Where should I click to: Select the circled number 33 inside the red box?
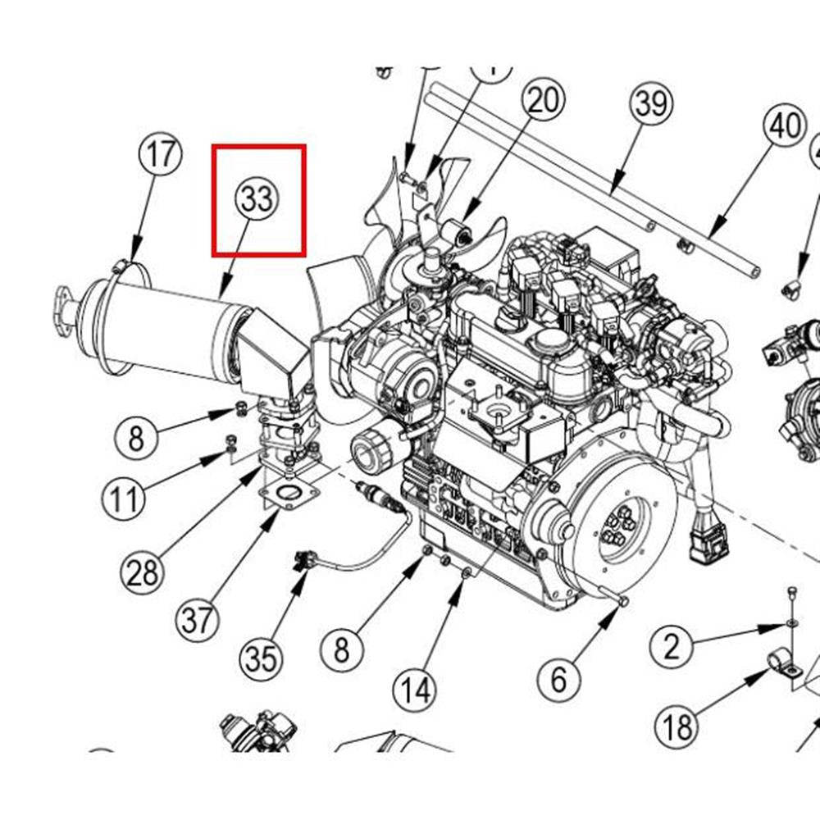257,199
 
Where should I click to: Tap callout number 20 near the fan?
544,102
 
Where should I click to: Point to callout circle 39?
651,104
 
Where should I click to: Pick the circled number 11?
124,497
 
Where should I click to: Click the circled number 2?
672,648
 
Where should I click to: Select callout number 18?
678,725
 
